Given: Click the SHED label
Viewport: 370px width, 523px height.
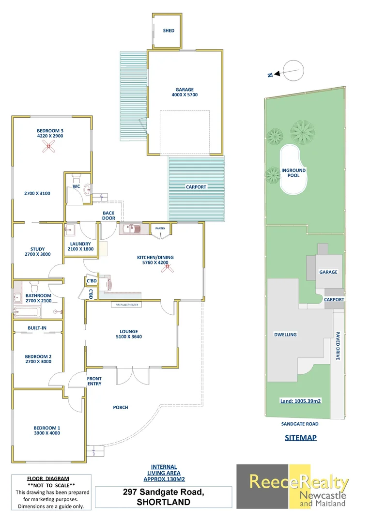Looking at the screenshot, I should [x=168, y=31].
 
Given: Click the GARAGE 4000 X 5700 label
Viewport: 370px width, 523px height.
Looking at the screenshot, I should [x=185, y=92].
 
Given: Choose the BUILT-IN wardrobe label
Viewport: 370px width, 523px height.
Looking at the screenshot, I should [x=37, y=328].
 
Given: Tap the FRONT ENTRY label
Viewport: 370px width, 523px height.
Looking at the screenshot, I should [x=94, y=381].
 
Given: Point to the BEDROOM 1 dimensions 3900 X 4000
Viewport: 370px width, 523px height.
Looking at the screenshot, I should [x=46, y=434].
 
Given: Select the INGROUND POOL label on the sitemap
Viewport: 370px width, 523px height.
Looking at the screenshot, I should [x=293, y=173].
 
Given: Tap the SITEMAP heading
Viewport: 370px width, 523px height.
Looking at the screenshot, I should [x=300, y=438].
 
